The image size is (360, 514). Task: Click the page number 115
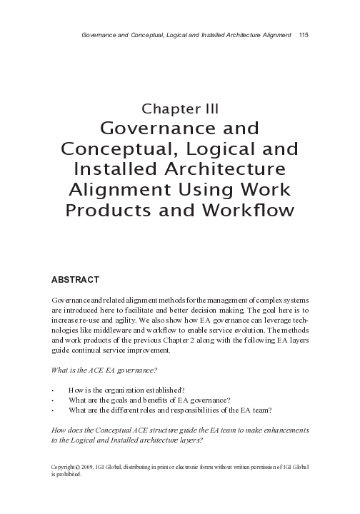(x=304, y=35)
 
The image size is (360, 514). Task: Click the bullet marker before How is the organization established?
(x=54, y=390)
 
